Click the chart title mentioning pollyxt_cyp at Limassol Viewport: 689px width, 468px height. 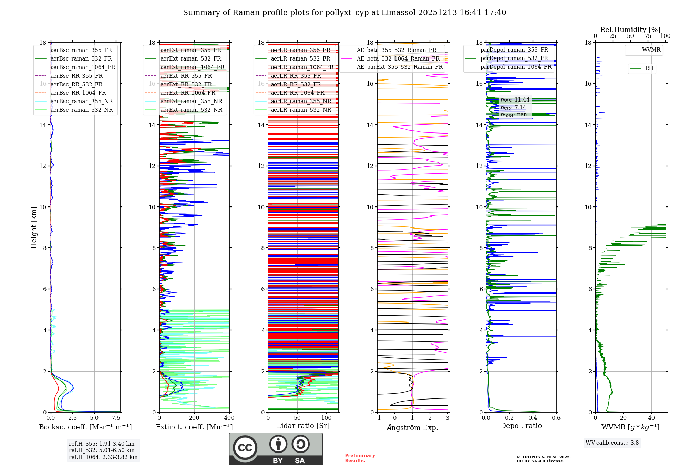(344, 13)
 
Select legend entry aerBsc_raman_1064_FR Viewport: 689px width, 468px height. (83, 67)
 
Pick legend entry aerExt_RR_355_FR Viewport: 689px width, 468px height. (186, 76)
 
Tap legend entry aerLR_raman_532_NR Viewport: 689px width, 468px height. (301, 110)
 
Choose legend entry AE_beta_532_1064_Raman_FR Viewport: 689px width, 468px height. (398, 59)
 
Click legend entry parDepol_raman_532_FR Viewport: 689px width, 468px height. (514, 58)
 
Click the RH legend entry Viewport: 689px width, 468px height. (649, 68)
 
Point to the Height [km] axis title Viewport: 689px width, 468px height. (34, 227)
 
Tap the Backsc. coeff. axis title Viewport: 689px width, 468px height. (85, 427)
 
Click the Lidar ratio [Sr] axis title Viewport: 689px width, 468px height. (303, 426)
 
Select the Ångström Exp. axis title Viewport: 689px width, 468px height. (412, 427)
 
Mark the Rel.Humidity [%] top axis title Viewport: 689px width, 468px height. (630, 30)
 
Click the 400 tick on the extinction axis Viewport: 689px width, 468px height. (229, 418)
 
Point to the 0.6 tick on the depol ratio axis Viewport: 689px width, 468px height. (556, 418)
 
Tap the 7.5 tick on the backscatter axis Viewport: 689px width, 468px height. (116, 418)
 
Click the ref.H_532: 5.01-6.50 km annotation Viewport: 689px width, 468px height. (102, 450)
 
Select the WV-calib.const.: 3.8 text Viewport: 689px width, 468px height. (612, 443)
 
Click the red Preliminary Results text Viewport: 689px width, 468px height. (360, 458)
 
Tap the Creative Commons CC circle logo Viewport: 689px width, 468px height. (245, 448)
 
